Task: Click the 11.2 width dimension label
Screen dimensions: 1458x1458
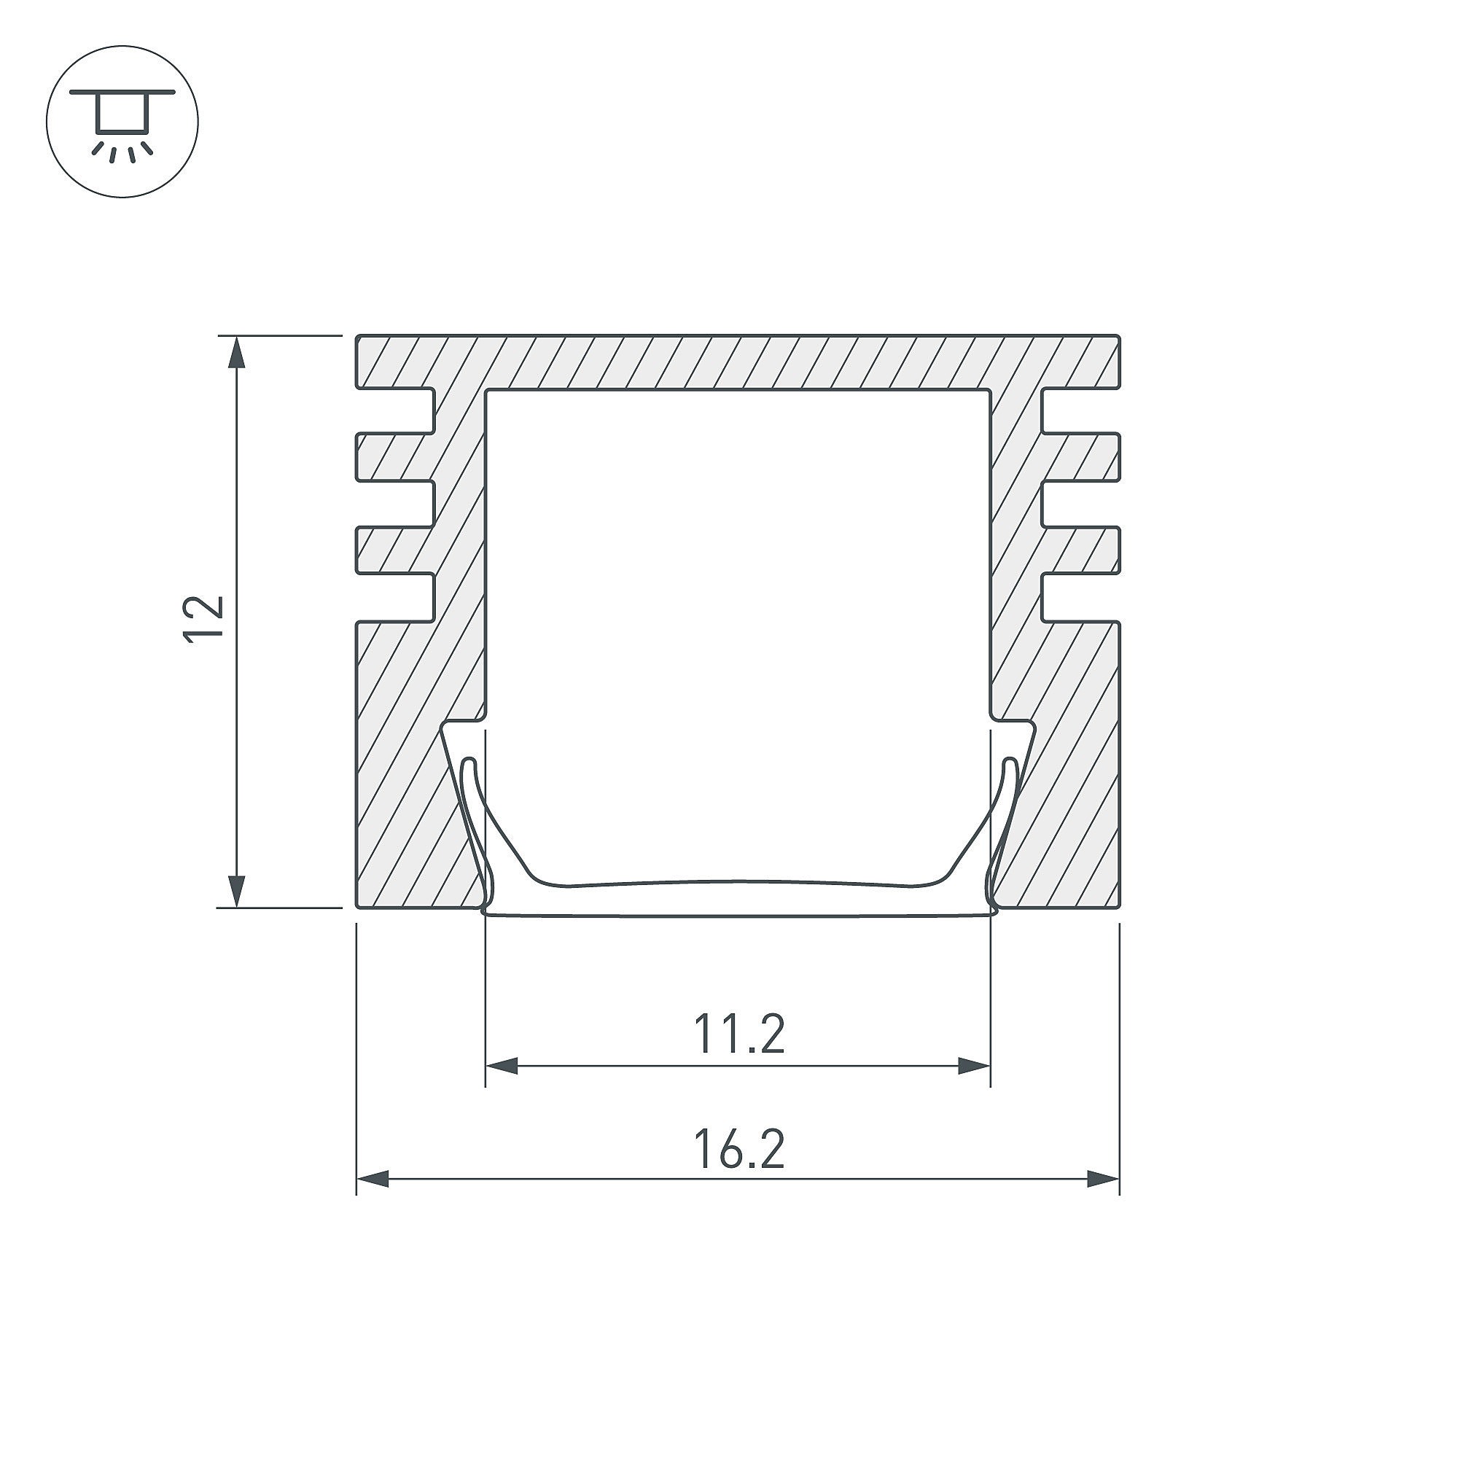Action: coord(738,1034)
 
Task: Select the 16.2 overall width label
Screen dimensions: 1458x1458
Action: coord(738,1150)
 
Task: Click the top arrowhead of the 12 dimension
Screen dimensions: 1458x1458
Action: coord(238,351)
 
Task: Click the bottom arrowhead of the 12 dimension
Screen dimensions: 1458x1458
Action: coord(238,891)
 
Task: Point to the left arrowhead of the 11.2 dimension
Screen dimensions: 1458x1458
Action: coord(502,1067)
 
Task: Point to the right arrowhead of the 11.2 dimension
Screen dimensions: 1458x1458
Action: coord(973,1067)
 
